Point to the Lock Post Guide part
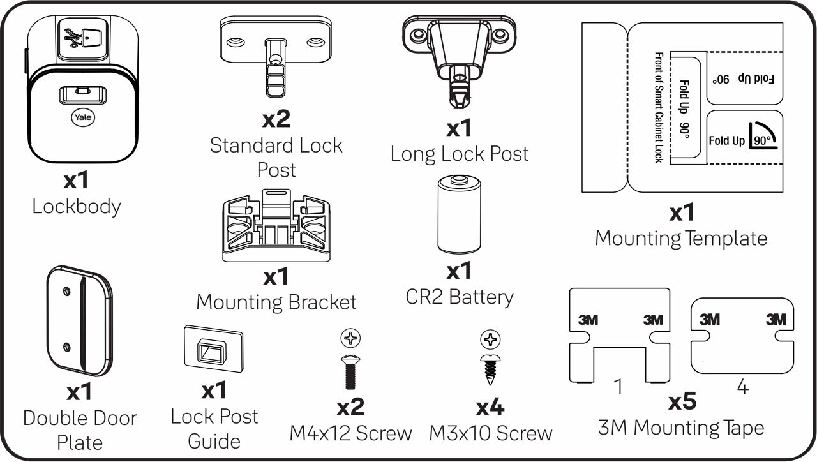[x=213, y=350]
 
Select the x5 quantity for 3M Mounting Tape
[x=682, y=403]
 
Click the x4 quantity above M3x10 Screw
[x=490, y=408]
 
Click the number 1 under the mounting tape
[x=617, y=387]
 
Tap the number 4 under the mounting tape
[x=742, y=387]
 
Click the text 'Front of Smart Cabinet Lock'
[x=658, y=107]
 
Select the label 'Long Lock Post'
[x=459, y=154]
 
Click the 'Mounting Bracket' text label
[x=276, y=302]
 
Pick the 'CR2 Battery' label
[x=459, y=297]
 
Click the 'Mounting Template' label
[x=680, y=239]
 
